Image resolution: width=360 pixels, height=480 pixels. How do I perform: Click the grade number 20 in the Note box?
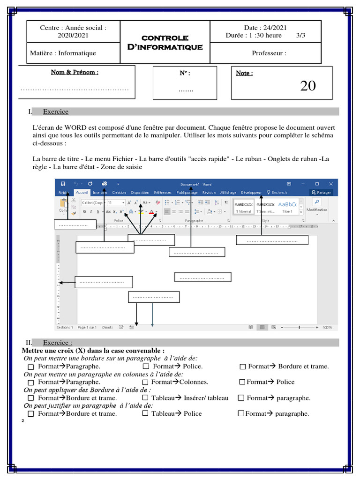[x=308, y=86]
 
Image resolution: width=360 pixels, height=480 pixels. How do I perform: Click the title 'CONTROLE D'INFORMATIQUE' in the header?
[x=165, y=42]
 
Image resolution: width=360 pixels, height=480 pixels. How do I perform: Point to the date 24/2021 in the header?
[x=265, y=28]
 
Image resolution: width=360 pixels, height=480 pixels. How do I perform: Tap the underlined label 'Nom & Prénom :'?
[x=75, y=72]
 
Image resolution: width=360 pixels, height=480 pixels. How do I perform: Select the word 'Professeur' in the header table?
[x=269, y=53]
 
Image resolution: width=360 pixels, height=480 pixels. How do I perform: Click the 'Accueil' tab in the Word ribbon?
[x=82, y=192]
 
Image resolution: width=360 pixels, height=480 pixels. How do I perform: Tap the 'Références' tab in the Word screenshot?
[x=163, y=192]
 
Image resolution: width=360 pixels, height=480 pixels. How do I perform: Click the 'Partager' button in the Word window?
[x=321, y=192]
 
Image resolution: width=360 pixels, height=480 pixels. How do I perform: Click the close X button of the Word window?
[x=331, y=184]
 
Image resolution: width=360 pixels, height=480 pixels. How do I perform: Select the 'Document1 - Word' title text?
[x=195, y=184]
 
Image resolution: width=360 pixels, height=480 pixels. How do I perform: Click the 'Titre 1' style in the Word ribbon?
[x=287, y=211]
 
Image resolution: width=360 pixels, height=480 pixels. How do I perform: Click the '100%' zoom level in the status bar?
[x=327, y=327]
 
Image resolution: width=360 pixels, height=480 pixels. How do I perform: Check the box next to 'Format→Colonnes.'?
[x=146, y=382]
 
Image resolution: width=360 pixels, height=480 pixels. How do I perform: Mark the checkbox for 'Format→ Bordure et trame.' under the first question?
[x=242, y=367]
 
